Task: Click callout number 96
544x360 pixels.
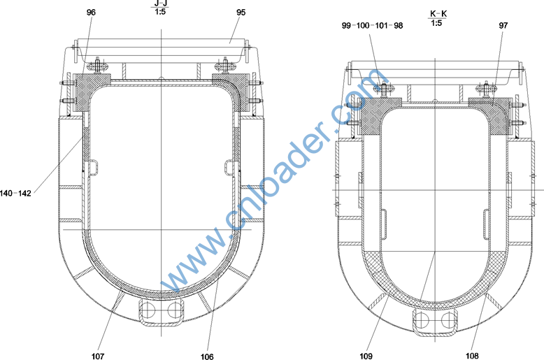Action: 91,13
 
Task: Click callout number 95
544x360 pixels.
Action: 241,13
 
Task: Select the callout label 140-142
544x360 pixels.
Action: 15,193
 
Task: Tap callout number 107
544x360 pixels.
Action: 98,356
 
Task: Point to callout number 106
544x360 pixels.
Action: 207,357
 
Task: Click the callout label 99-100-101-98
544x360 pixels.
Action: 372,26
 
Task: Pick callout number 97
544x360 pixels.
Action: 503,26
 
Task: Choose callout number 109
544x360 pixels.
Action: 366,356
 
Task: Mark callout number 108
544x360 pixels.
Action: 472,356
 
